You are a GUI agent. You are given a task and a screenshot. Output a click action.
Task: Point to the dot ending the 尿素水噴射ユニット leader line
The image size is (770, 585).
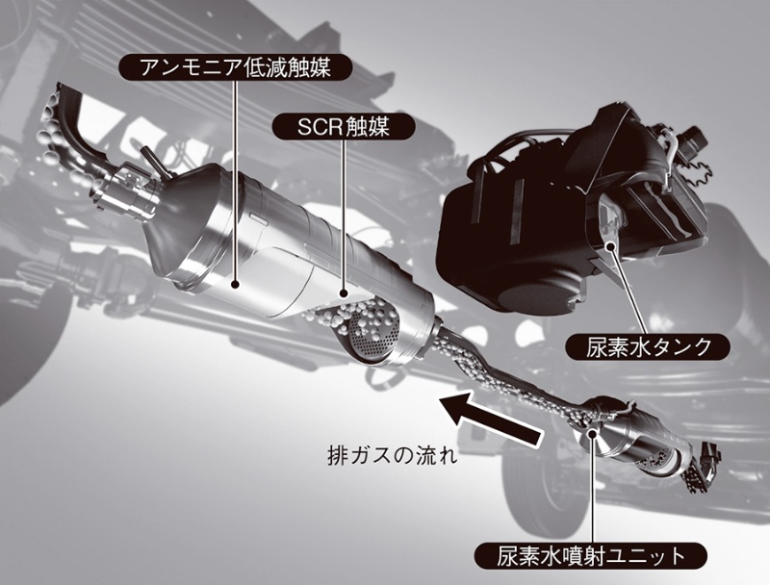point(591,434)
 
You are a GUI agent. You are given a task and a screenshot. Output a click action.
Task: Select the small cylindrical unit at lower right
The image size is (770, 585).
point(640,445)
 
